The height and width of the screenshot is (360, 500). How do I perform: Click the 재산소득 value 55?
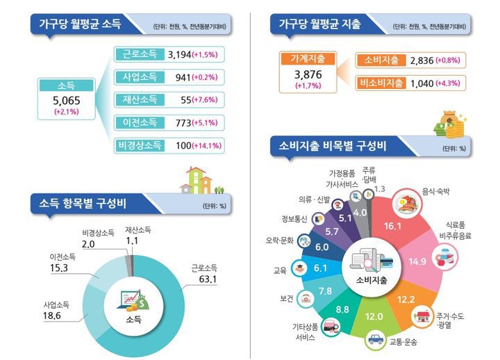(x=185, y=100)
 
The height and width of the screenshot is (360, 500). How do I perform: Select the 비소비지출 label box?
(x=381, y=83)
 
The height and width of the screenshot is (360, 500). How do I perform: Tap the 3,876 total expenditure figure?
(x=307, y=74)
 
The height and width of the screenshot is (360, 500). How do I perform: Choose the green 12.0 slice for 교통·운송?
(x=374, y=316)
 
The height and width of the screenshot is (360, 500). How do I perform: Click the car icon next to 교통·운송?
(x=376, y=340)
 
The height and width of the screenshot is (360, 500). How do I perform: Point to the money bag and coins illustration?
(x=448, y=125)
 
